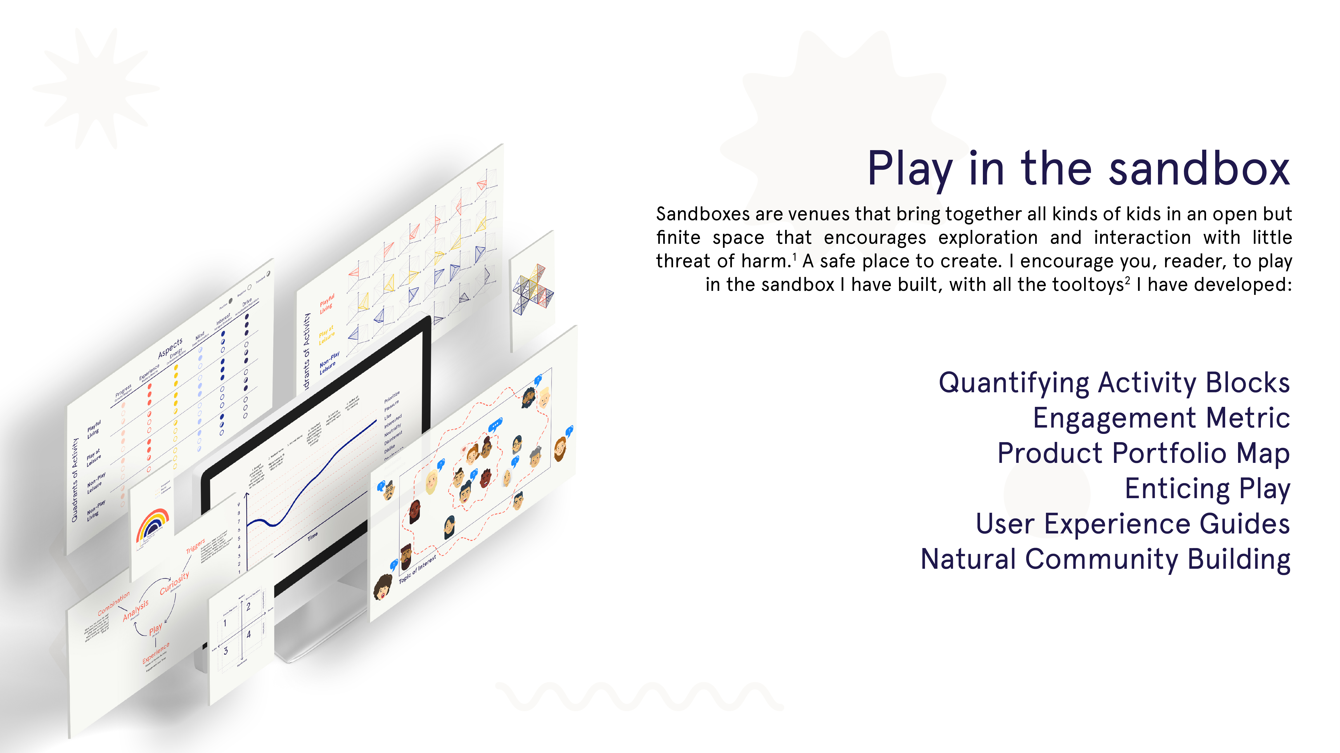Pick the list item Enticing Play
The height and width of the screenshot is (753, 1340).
[1207, 489]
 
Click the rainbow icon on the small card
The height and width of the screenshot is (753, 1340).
[152, 524]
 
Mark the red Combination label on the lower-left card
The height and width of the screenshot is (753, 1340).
[113, 604]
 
